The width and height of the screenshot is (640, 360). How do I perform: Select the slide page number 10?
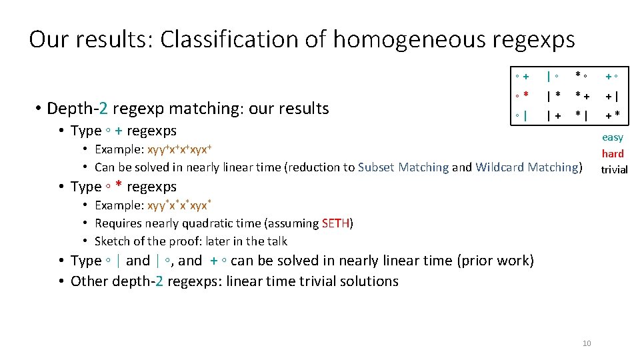(x=587, y=343)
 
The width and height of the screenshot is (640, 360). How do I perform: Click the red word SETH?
(x=335, y=223)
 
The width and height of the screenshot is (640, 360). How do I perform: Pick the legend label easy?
(x=613, y=137)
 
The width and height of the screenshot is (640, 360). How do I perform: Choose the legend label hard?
(x=613, y=153)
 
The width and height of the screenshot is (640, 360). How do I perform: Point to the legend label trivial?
(x=614, y=169)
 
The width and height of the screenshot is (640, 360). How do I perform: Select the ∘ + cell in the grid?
(x=522, y=77)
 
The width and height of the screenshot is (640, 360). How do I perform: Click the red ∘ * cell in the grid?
(x=522, y=97)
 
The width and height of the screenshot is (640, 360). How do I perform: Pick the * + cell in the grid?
(x=582, y=97)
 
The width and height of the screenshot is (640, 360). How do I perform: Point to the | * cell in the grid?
(x=553, y=97)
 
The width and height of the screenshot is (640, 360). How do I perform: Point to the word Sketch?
(x=112, y=241)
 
